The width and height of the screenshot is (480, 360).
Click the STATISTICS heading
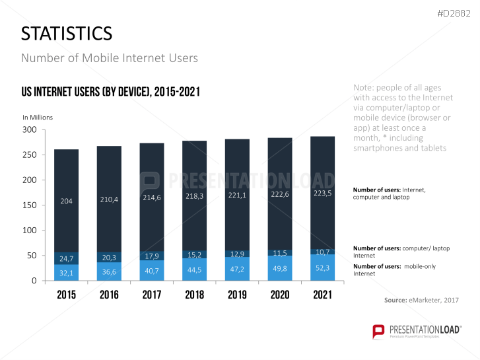67,34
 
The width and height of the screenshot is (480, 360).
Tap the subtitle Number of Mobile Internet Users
110,58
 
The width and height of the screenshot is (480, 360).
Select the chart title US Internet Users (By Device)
110,92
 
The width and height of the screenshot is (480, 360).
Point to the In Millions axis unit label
38,118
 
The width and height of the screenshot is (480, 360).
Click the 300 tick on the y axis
29,129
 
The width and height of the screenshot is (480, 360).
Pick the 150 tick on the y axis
29,205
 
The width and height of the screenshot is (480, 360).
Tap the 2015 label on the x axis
66,295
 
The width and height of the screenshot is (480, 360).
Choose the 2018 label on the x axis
194,295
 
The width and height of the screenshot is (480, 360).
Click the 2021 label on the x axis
323,295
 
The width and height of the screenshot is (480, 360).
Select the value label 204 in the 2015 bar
66,201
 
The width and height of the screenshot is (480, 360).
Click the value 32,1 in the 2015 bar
66,272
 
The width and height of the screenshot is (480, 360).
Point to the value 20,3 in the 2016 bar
109,258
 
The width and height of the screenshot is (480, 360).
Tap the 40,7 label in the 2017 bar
151,270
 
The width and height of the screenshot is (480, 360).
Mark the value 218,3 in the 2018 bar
194,197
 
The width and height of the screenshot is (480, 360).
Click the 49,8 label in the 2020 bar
280,268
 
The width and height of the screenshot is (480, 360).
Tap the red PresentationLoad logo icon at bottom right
379,332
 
